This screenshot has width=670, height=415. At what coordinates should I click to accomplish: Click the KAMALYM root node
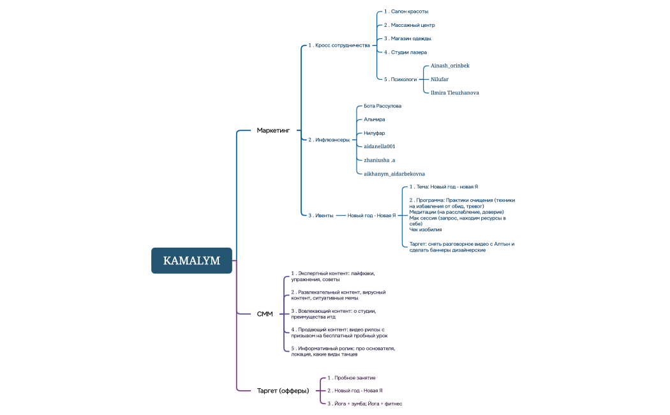pyautogui.click(x=191, y=260)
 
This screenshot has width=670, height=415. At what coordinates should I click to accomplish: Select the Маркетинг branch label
pyautogui.click(x=273, y=130)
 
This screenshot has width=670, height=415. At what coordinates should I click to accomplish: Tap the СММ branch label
pyautogui.click(x=265, y=314)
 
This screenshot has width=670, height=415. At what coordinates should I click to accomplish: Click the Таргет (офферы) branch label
pyautogui.click(x=283, y=391)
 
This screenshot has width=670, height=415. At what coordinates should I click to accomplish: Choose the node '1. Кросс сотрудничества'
pyautogui.click(x=339, y=45)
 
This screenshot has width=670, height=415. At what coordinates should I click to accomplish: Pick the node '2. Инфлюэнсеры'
pyautogui.click(x=329, y=139)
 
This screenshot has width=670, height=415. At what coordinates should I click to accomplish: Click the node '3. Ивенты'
pyautogui.click(x=321, y=215)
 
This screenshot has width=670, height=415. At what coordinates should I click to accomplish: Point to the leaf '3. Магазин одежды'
pyautogui.click(x=407, y=38)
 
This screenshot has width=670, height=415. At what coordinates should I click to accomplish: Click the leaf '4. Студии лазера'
pyautogui.click(x=405, y=52)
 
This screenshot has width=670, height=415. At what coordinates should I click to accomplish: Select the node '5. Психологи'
pyautogui.click(x=400, y=79)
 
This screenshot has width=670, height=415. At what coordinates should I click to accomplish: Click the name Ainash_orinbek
pyautogui.click(x=450, y=65)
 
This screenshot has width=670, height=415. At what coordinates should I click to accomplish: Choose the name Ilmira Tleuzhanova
pyautogui.click(x=454, y=93)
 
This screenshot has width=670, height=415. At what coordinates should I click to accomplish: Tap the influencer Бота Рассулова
pyautogui.click(x=382, y=106)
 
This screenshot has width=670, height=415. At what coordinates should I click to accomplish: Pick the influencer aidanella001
pyautogui.click(x=379, y=146)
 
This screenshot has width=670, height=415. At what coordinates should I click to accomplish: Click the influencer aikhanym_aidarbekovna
pyautogui.click(x=394, y=174)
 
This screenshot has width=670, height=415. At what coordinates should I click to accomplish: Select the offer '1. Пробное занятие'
pyautogui.click(x=351, y=377)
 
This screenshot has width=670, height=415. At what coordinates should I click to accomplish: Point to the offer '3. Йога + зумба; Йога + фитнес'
pyautogui.click(x=364, y=404)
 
